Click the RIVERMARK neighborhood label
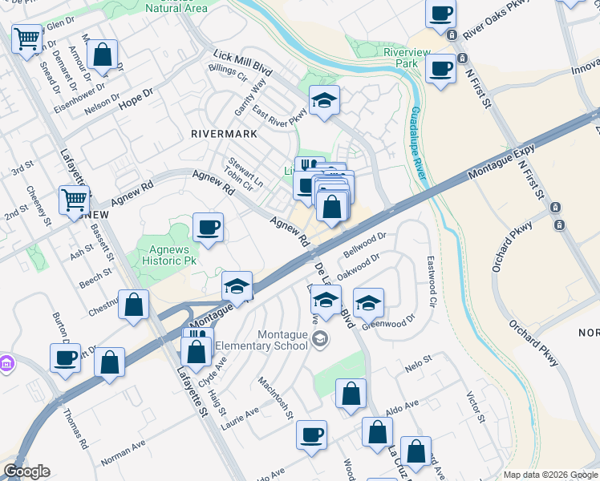pos(222,134)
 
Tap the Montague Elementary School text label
pos(282,340)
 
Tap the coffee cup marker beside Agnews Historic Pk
pos(209,228)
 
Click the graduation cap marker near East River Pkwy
pos(324,100)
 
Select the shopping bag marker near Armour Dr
pos(103,55)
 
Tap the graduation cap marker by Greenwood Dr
pos(368,303)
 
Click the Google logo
pos(26,471)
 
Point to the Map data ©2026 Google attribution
pos(550,475)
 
